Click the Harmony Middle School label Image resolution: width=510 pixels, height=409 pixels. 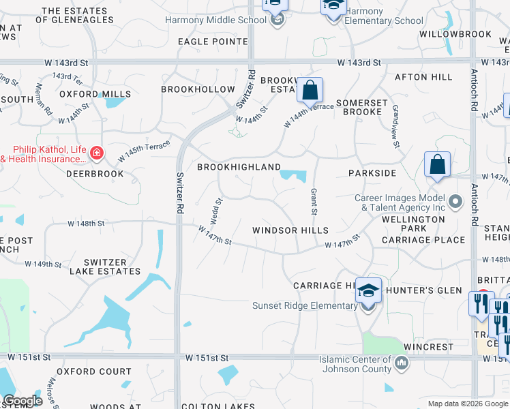pyautogui.click(x=215, y=20)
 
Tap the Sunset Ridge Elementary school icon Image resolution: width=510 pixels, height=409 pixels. pyautogui.click(x=368, y=291)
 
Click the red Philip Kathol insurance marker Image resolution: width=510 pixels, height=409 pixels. pyautogui.click(x=97, y=153)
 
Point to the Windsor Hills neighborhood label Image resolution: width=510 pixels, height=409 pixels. pyautogui.click(x=290, y=230)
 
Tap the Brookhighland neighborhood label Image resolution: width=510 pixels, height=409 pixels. pyautogui.click(x=239, y=167)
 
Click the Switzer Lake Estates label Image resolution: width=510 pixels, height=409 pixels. pyautogui.click(x=105, y=267)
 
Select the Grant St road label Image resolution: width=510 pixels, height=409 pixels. pyautogui.click(x=314, y=202)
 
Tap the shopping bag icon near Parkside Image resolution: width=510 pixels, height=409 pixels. pyautogui.click(x=437, y=165)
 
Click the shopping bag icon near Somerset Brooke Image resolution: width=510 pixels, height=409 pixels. pyautogui.click(x=310, y=90)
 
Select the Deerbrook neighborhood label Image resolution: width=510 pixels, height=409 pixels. pyautogui.click(x=95, y=174)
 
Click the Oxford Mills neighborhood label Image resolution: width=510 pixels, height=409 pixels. pyautogui.click(x=85, y=94)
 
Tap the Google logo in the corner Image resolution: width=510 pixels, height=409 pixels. pyautogui.click(x=22, y=400)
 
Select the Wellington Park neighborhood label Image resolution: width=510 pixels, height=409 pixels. pyautogui.click(x=413, y=224)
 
